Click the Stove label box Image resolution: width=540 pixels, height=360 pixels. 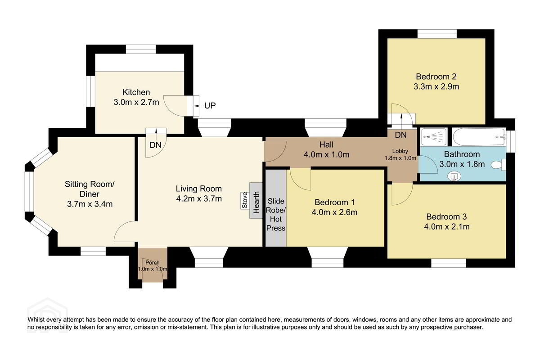tap(245, 200)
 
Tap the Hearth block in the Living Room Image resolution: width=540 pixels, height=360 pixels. tap(256, 200)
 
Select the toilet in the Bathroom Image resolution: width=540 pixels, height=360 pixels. tap(499, 165)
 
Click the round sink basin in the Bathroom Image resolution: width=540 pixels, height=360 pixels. tap(454, 176)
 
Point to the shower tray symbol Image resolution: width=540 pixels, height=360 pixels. tap(434, 137)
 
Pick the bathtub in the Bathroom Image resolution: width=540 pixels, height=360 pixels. tap(479, 137)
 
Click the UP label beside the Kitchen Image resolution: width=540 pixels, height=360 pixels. tap(210, 106)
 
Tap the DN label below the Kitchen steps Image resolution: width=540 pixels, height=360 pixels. tap(156, 145)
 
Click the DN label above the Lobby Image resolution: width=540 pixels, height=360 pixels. tap(401, 135)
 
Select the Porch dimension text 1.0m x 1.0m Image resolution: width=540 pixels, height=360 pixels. tap(153, 269)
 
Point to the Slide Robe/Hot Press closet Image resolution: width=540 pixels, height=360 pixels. tap(276, 208)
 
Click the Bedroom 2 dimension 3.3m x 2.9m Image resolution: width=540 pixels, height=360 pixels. tap(436, 86)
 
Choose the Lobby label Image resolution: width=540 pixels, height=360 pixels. tap(400, 151)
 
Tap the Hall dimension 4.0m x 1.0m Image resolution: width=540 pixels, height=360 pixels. tap(327, 154)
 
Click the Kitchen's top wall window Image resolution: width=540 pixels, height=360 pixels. tap(141, 49)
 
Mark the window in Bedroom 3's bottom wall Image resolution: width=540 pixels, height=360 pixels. tap(449, 263)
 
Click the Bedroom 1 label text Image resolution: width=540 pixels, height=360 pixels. tap(335, 202)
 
